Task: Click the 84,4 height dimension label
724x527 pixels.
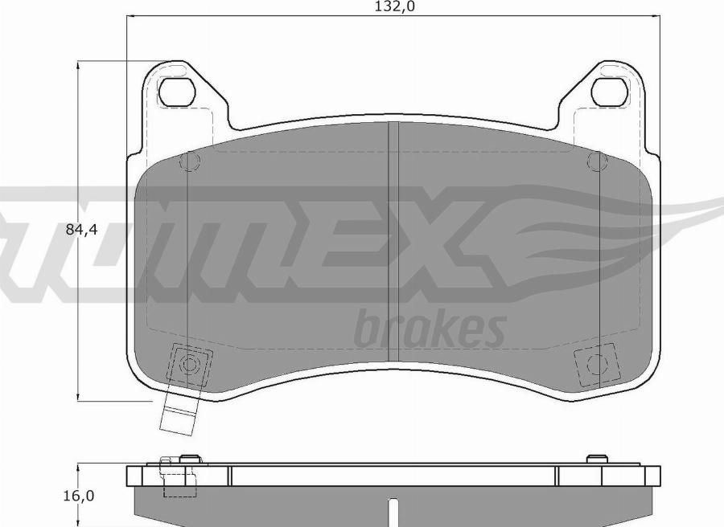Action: point(82,229)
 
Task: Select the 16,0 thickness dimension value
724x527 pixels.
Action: point(79,496)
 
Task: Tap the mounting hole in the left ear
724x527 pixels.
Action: point(175,92)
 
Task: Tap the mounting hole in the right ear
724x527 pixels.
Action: point(610,92)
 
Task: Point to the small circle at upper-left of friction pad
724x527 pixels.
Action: point(189,161)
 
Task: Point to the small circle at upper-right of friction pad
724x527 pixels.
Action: point(597,161)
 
